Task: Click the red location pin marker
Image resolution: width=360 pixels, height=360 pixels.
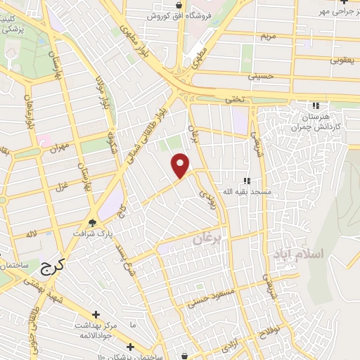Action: click(181, 165)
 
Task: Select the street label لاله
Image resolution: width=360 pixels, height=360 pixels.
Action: click(31, 233)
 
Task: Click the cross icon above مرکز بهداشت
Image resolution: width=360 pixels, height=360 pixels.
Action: click(96, 314)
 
